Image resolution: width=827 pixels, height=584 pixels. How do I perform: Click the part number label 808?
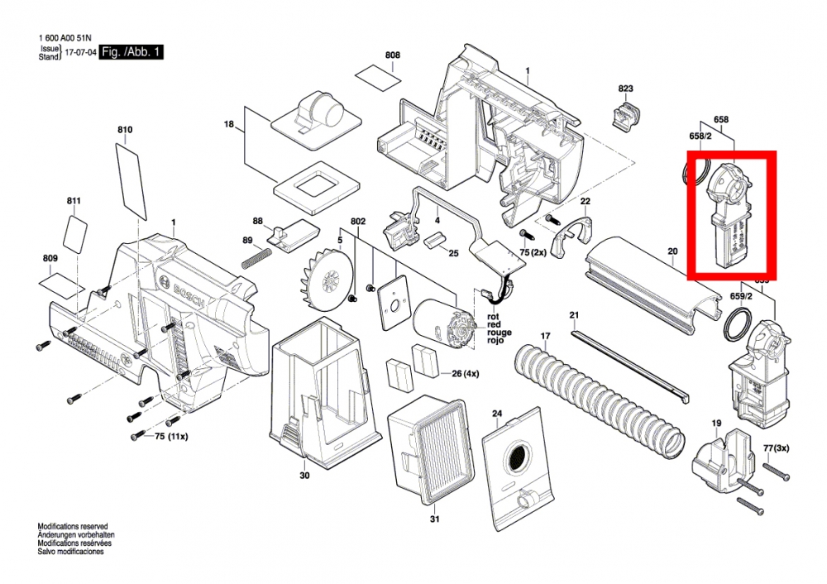pyautogui.click(x=393, y=55)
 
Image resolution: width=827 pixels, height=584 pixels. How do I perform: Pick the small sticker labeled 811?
pyautogui.click(x=77, y=236)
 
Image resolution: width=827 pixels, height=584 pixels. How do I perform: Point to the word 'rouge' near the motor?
pyautogui.click(x=499, y=333)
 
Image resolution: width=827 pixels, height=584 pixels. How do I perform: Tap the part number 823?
pyautogui.click(x=625, y=89)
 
